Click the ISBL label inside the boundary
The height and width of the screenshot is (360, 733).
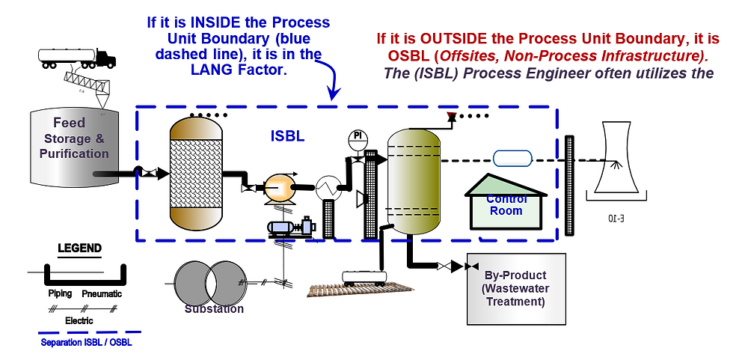pyautogui.click(x=287, y=137)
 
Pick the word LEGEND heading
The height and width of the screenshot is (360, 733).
pyautogui.click(x=79, y=248)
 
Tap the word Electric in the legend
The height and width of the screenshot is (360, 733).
pyautogui.click(x=79, y=320)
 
